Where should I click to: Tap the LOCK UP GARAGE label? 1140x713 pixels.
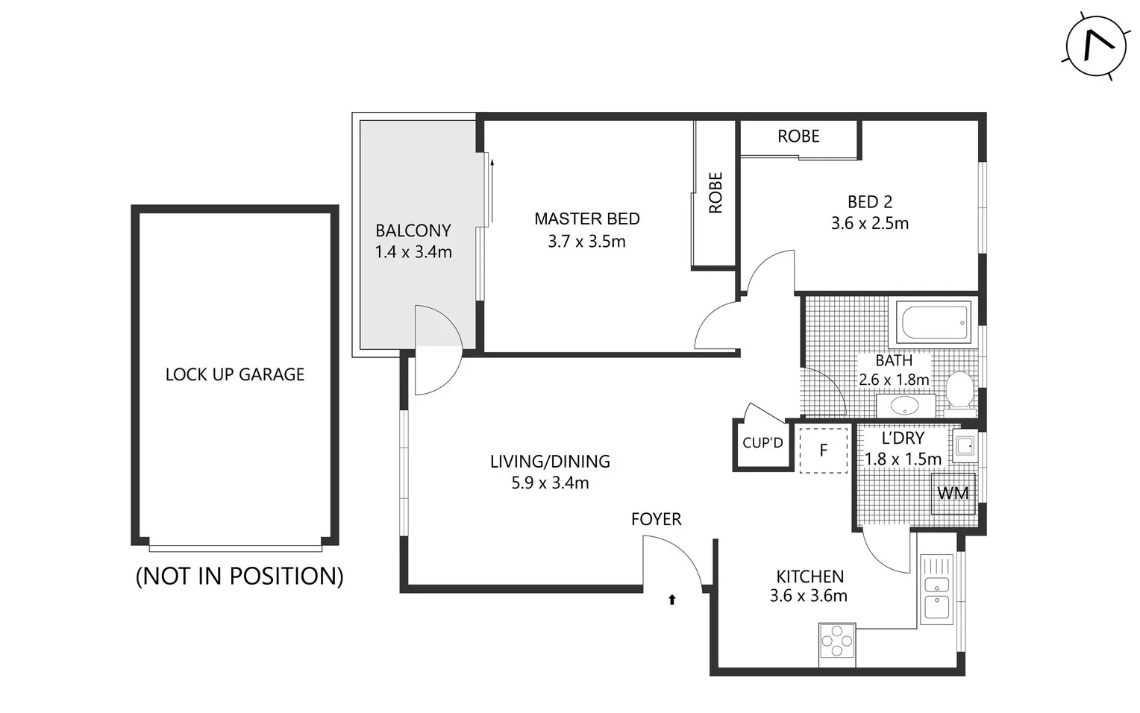pos(234,374)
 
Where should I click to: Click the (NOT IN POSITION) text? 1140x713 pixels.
pos(239,576)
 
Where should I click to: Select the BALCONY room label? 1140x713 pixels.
pos(413,230)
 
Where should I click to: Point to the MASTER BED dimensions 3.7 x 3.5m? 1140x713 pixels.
pos(586,242)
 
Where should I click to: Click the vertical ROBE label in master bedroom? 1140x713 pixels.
pos(715,193)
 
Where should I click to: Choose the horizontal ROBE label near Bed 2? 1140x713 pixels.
pos(798,136)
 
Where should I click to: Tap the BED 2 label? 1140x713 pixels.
pos(869,202)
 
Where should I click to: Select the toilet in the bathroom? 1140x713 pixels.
pos(959,392)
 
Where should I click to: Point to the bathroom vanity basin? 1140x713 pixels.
pos(905,406)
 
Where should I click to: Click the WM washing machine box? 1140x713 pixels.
pos(953,493)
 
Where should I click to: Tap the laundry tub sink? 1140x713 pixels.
pos(965,446)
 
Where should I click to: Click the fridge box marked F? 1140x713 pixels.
pos(823,450)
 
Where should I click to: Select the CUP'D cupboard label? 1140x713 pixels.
pos(762,443)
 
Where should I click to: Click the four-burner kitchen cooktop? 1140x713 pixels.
pos(837,643)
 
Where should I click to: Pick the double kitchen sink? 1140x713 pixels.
pos(937,589)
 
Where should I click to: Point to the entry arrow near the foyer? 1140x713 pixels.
pos(671,599)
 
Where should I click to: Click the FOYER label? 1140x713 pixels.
pos(656,519)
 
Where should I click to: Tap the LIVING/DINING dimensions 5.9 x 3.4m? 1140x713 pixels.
pos(550,483)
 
